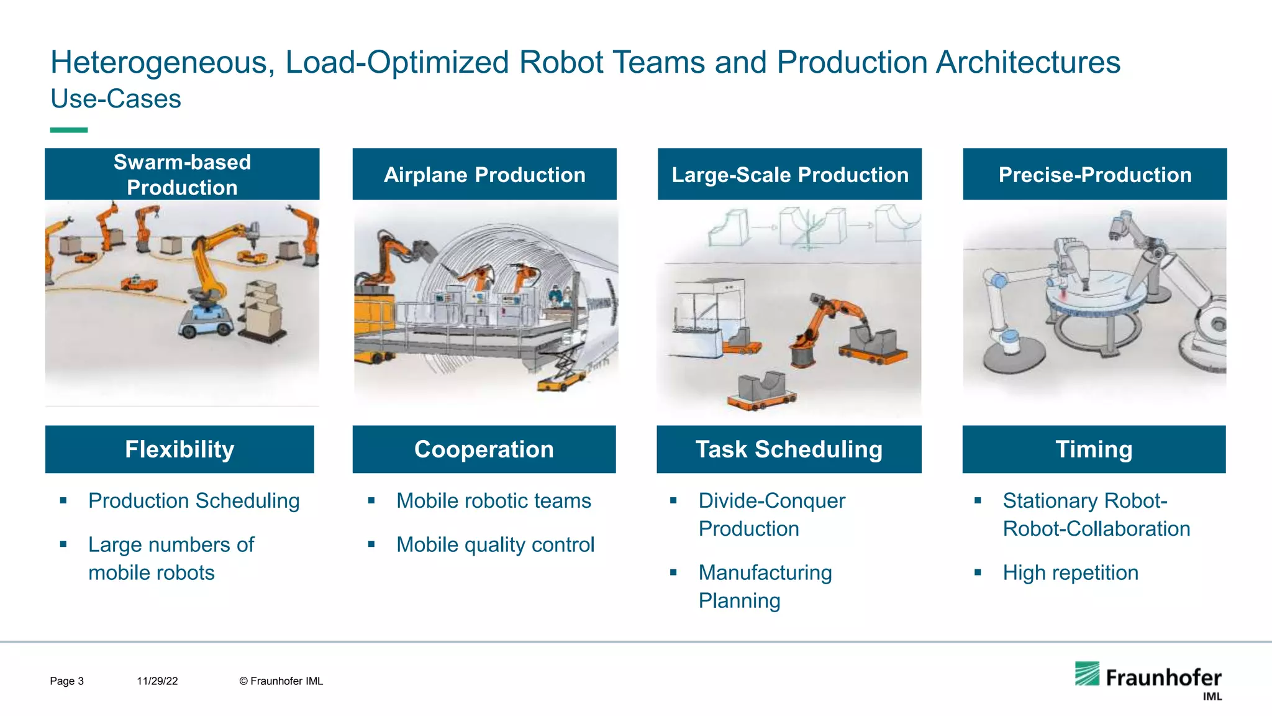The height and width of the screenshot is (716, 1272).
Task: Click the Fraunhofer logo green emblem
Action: click(x=1087, y=674)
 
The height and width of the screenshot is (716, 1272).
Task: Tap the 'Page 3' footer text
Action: click(x=66, y=681)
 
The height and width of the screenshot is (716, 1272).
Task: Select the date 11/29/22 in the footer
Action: click(x=157, y=681)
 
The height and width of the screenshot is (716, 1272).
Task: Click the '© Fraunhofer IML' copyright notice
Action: click(x=281, y=681)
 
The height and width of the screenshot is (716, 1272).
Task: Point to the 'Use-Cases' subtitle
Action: click(x=116, y=99)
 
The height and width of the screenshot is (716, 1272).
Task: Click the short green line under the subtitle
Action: click(x=68, y=130)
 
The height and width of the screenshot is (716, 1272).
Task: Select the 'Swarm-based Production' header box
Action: click(x=182, y=174)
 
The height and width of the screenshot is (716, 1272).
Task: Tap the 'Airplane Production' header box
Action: click(x=484, y=174)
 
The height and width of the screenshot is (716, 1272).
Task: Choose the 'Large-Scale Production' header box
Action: click(x=789, y=174)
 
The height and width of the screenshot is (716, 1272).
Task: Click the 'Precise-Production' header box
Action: click(x=1094, y=174)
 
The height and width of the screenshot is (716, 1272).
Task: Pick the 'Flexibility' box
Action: click(x=179, y=449)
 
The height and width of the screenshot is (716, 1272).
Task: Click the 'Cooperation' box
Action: click(x=484, y=449)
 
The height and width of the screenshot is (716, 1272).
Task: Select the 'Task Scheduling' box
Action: click(x=789, y=449)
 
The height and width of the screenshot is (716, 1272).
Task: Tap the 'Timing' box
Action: click(x=1094, y=449)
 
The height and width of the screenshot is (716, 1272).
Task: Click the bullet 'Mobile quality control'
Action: click(x=495, y=545)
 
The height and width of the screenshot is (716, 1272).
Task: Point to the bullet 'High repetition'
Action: click(x=1070, y=573)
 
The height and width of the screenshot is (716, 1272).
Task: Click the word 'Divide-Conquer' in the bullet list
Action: click(x=771, y=501)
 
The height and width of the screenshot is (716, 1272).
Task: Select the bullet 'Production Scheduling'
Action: click(x=194, y=501)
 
